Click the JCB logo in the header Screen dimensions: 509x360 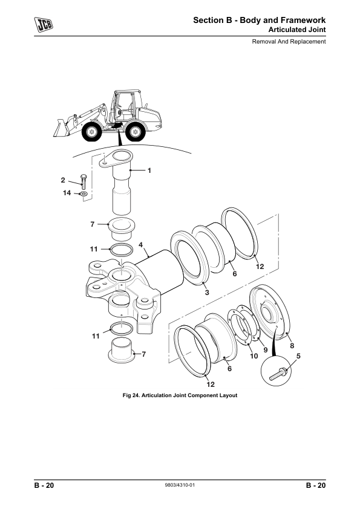point(42,25)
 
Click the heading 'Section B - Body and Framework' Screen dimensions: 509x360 point(260,21)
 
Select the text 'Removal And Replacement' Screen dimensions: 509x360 point(289,42)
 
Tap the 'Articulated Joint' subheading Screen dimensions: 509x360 point(296,30)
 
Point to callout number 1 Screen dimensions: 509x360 point(149,170)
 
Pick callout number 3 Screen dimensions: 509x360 point(206,293)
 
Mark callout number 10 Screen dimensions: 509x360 point(254,356)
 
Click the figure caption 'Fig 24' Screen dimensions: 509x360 point(180,395)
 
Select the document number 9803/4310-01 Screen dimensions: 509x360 point(180,486)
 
